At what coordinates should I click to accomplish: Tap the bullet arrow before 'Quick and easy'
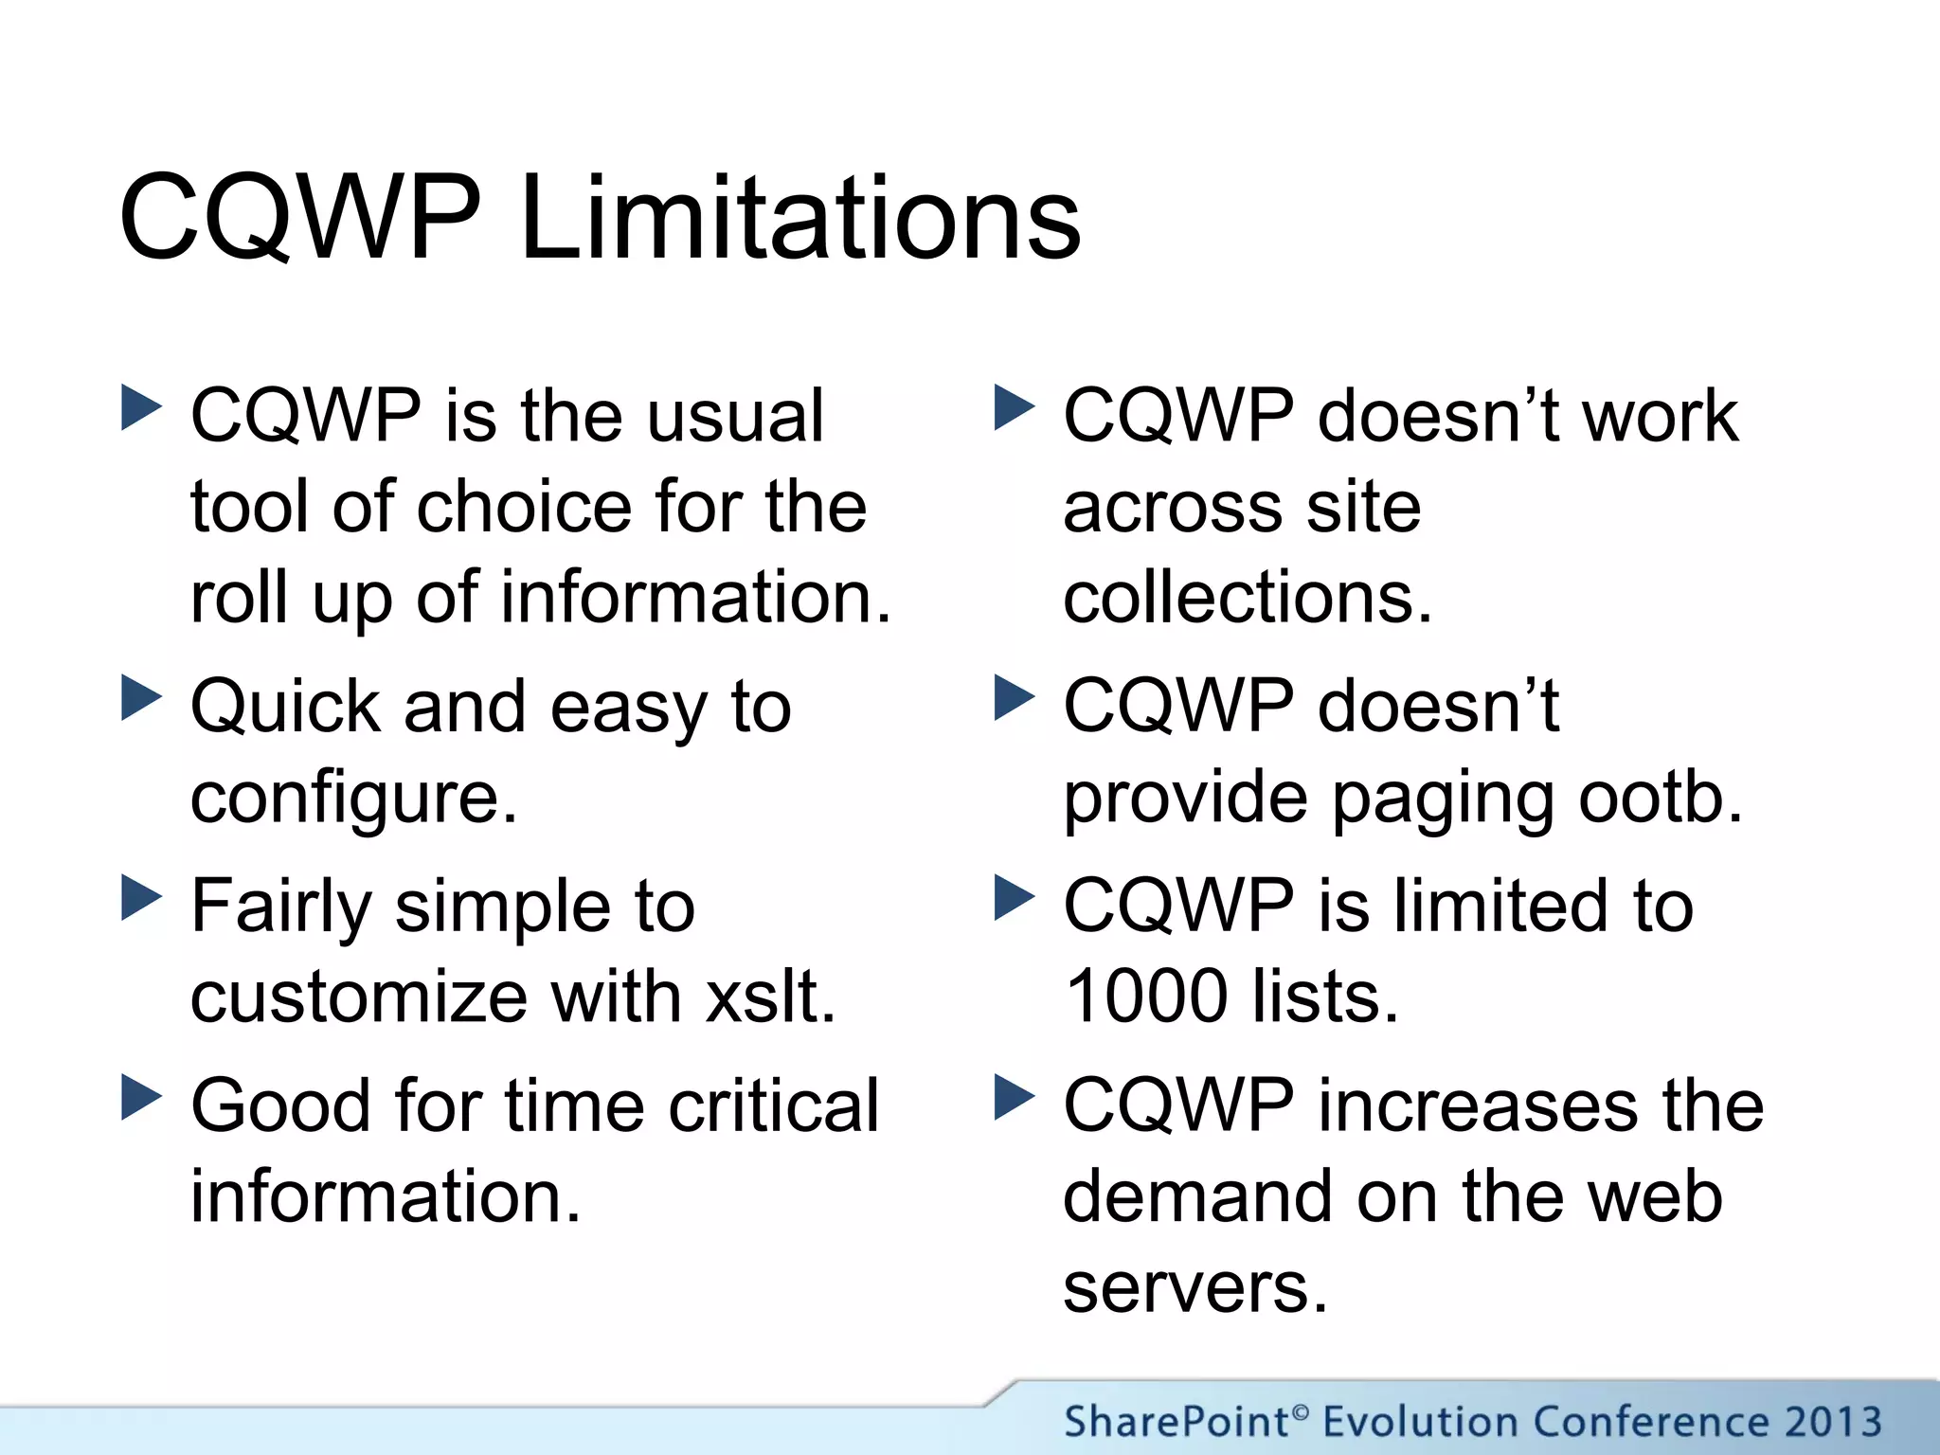point(142,697)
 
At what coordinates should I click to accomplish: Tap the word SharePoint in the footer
point(1176,1422)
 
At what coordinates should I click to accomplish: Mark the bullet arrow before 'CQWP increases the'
point(1015,1097)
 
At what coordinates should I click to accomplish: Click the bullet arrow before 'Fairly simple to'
point(142,897)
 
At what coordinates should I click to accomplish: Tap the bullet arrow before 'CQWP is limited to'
point(1015,897)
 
